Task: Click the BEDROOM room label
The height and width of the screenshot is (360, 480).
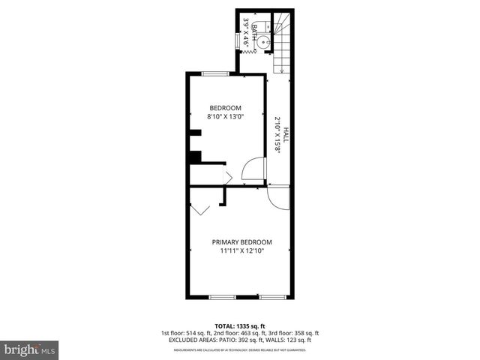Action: pyautogui.click(x=225, y=108)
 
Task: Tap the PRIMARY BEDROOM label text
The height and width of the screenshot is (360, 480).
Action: pyautogui.click(x=241, y=242)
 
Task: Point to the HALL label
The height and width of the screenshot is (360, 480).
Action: pyautogui.click(x=286, y=135)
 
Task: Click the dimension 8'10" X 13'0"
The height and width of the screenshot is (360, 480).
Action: pyautogui.click(x=225, y=117)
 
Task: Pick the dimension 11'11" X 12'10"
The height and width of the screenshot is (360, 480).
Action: pyautogui.click(x=241, y=251)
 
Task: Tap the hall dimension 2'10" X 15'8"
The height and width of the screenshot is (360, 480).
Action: pyautogui.click(x=277, y=135)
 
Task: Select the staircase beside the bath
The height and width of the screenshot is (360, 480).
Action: pyautogui.click(x=281, y=41)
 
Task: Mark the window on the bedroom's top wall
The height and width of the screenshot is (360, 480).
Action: pyautogui.click(x=216, y=73)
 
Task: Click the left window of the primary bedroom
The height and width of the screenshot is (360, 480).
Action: pyautogui.click(x=223, y=298)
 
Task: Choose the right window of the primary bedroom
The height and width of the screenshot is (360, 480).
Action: pyautogui.click(x=272, y=298)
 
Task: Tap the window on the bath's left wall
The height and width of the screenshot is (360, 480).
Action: pyautogui.click(x=239, y=40)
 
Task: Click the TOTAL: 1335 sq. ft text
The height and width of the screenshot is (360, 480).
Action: pyautogui.click(x=240, y=326)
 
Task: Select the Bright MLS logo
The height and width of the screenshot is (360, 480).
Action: pyautogui.click(x=29, y=349)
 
